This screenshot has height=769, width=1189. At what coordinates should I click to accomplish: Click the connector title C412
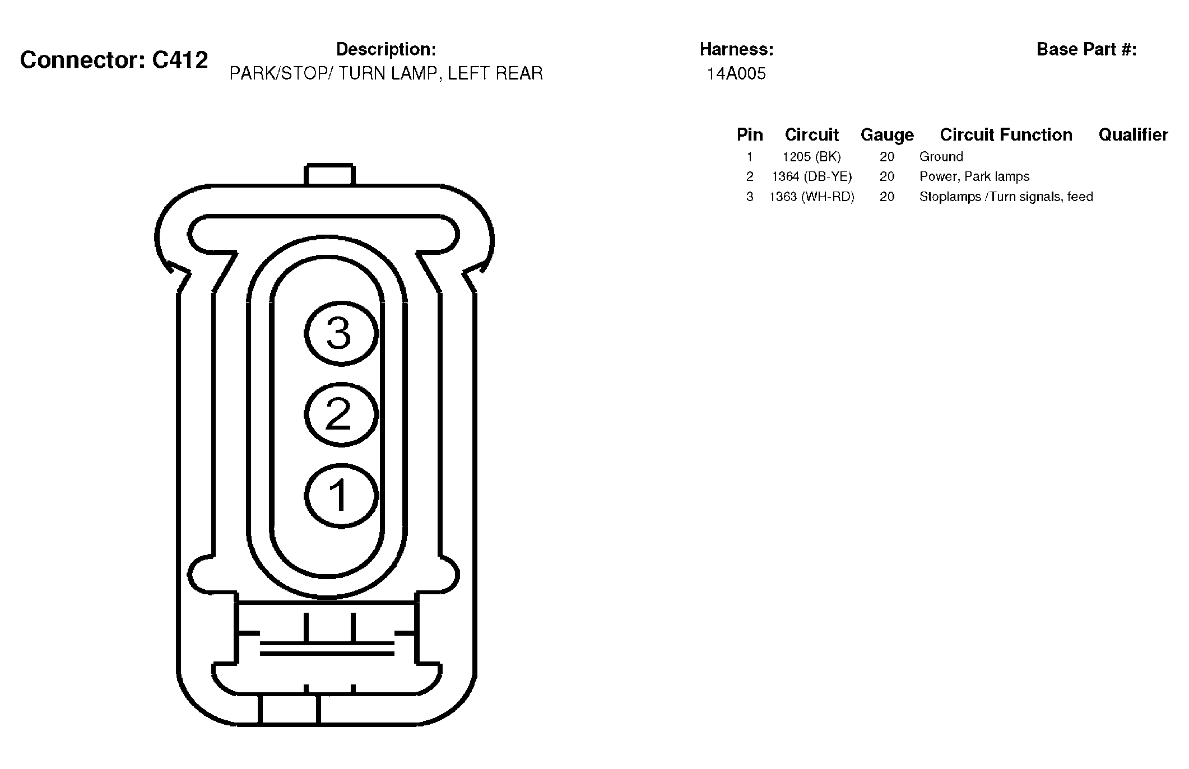pos(114,60)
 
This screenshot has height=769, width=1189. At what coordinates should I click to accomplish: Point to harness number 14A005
pos(736,74)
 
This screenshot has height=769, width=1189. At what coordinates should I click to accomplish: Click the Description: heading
pos(386,49)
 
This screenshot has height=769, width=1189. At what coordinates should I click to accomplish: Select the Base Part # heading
pos(1086,49)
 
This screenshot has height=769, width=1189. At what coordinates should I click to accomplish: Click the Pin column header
pos(750,135)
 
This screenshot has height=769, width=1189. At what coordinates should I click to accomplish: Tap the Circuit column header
pos(811,135)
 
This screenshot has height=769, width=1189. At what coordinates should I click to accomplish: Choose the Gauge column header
pos(887,135)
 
